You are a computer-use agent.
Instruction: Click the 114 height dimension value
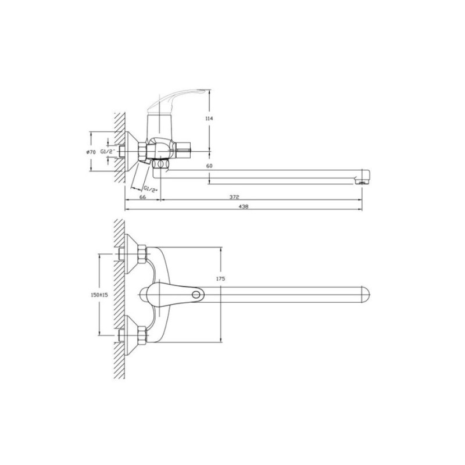[209, 119]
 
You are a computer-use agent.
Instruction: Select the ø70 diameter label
[91, 152]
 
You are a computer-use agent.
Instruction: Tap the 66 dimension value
[142, 197]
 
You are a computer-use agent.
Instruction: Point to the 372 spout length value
[234, 197]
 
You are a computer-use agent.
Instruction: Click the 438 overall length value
[244, 206]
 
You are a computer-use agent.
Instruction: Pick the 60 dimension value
[209, 166]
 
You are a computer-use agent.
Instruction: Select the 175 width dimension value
[221, 279]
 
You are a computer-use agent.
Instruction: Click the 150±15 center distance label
[99, 295]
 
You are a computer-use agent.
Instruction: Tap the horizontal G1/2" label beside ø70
[108, 152]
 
